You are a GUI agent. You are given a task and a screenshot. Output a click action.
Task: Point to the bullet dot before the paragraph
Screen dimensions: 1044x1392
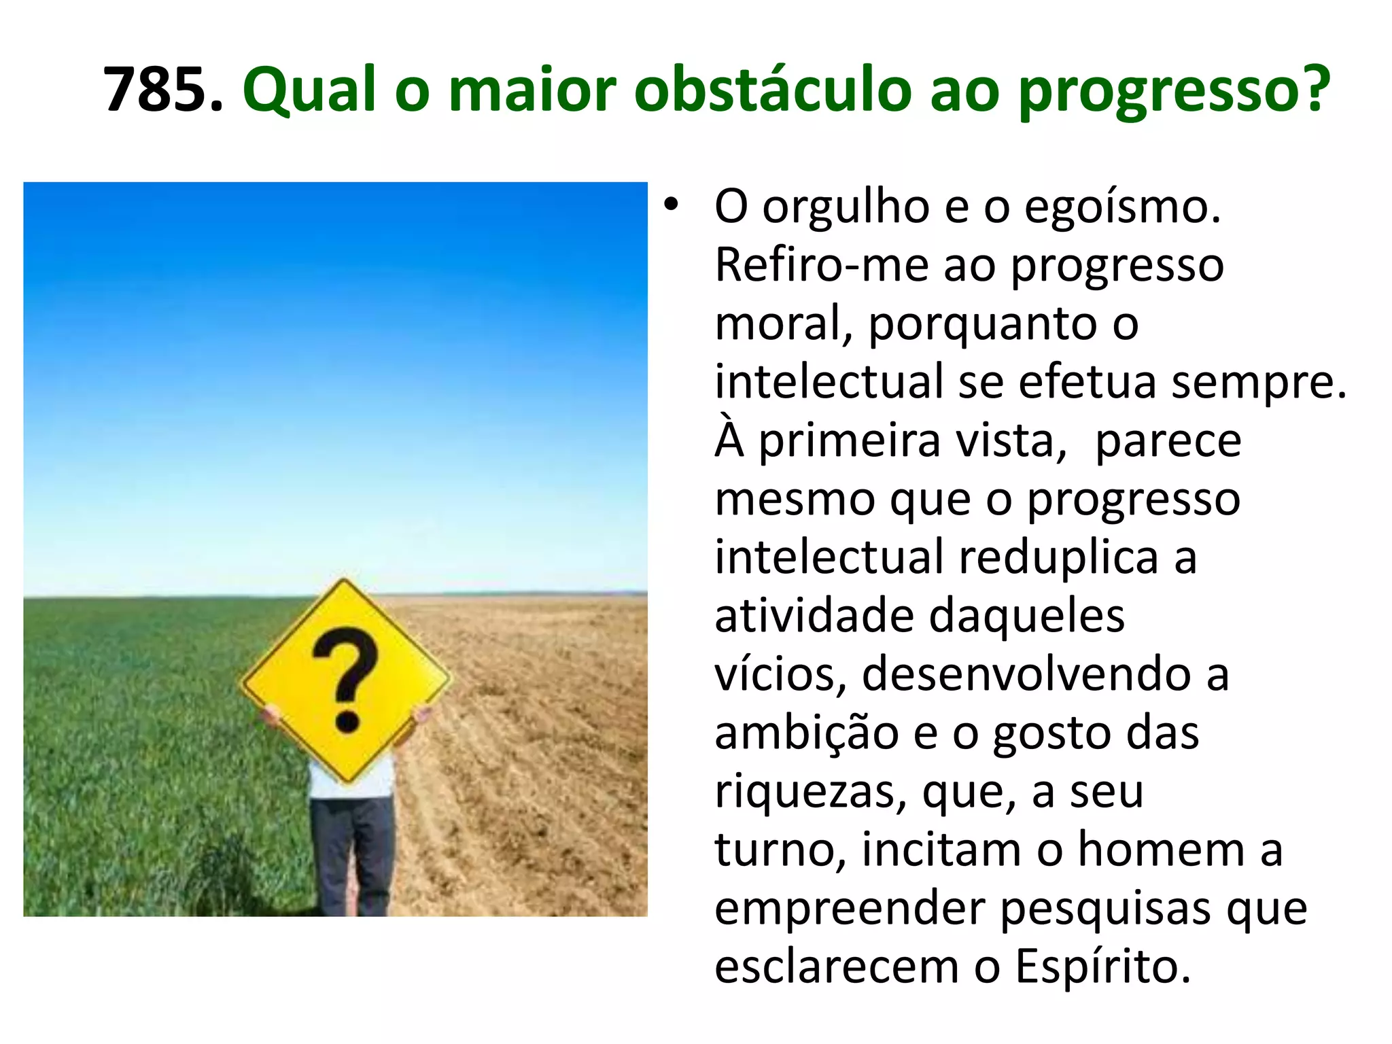[x=672, y=206]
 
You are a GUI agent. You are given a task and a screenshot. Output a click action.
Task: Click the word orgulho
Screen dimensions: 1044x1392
[x=846, y=207]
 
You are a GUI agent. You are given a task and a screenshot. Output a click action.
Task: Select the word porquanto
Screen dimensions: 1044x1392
[x=982, y=324]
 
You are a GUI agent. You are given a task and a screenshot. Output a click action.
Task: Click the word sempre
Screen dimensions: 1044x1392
[x=1258, y=383]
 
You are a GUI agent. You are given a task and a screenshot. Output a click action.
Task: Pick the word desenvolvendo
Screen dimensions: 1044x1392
[x=1026, y=675]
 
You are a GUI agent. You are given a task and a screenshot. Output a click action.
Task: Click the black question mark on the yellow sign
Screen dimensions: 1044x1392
[x=345, y=680]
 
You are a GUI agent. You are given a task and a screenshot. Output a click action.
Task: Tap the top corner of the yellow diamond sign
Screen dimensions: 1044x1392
[x=344, y=582]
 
